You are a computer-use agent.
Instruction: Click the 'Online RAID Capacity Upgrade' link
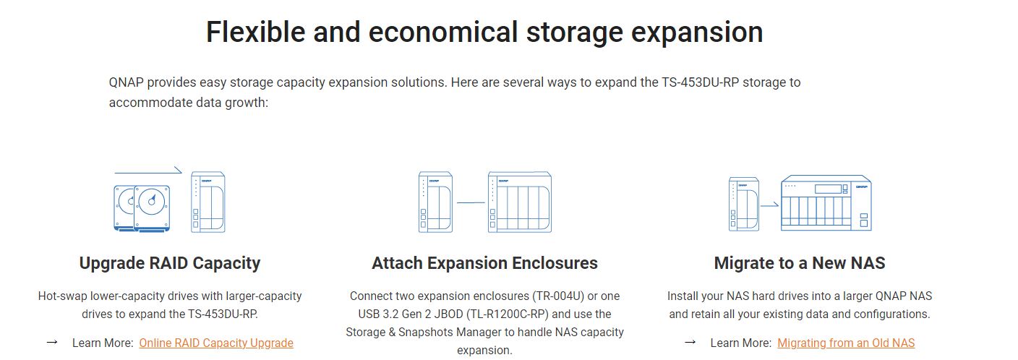pyautogui.click(x=216, y=343)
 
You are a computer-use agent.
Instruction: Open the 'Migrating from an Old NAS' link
pyautogui.click(x=846, y=343)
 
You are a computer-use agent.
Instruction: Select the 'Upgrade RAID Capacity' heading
pyautogui.click(x=169, y=263)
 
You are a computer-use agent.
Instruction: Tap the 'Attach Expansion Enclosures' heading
pyautogui.click(x=484, y=263)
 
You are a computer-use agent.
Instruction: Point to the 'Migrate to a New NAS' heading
pyautogui.click(x=800, y=263)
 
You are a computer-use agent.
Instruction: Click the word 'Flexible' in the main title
pyautogui.click(x=255, y=32)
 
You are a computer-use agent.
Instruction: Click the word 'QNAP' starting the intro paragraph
pyautogui.click(x=126, y=82)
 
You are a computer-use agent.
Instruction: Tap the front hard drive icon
pyautogui.click(x=152, y=208)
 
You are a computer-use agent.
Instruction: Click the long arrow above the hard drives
pyautogui.click(x=148, y=172)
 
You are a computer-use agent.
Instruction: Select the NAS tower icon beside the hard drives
pyautogui.click(x=208, y=202)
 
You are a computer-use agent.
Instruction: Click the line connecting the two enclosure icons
pyautogui.click(x=471, y=202)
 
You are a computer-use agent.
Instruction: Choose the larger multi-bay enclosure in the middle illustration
pyautogui.click(x=520, y=202)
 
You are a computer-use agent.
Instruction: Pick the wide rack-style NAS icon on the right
pyautogui.click(x=826, y=202)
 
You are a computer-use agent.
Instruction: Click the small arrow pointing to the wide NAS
pyautogui.click(x=769, y=205)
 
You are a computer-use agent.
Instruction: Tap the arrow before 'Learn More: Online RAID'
pyautogui.click(x=52, y=342)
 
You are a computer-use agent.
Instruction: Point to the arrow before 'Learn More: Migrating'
pyautogui.click(x=690, y=342)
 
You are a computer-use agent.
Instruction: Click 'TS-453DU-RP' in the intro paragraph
pyautogui.click(x=701, y=82)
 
